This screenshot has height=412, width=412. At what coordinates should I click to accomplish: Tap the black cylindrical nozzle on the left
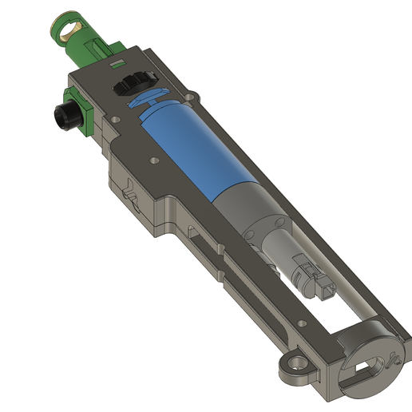64,116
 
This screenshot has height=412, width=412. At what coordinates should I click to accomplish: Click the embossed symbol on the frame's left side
133,194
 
